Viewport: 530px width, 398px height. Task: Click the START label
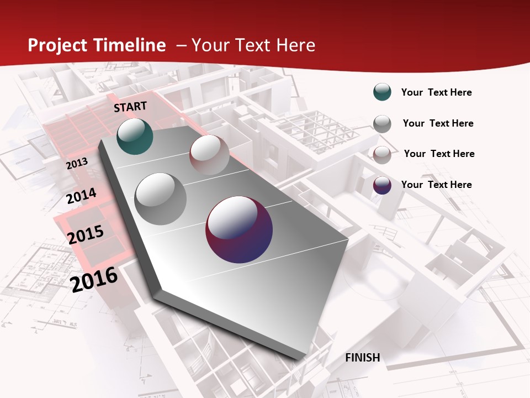(130, 107)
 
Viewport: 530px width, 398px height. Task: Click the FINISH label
(362, 358)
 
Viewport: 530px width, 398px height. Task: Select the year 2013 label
(77, 164)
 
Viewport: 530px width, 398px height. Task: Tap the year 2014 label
(81, 196)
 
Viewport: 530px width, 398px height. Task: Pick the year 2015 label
(86, 234)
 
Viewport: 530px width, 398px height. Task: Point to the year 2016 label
(94, 279)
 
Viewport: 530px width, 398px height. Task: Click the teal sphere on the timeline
(135, 136)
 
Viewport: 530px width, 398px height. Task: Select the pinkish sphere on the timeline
(209, 155)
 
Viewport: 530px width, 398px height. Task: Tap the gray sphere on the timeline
(161, 198)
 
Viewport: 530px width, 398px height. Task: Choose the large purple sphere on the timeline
(239, 229)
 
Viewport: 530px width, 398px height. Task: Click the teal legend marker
(382, 92)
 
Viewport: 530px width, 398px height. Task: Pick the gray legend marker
(382, 123)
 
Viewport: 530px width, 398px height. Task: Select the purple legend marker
(382, 185)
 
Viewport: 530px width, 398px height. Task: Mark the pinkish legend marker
(382, 154)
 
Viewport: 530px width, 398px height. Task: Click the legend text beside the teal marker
(436, 92)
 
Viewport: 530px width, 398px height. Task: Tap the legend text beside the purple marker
(436, 185)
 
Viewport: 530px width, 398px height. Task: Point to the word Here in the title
(295, 45)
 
